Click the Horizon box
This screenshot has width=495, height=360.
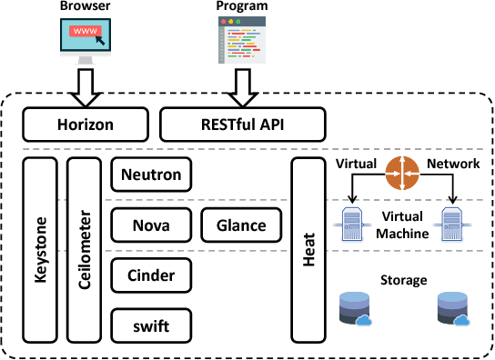pyautogui.click(x=85, y=121)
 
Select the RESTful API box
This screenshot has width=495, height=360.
pyautogui.click(x=243, y=121)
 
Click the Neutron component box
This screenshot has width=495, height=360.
pyautogui.click(x=151, y=174)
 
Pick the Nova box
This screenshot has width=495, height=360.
pyautogui.click(x=151, y=225)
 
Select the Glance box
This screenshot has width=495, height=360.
pyautogui.click(x=241, y=225)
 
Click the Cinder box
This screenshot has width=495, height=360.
pyautogui.click(x=151, y=274)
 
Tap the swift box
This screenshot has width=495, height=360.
pyautogui.click(x=151, y=323)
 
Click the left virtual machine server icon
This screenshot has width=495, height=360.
pyautogui.click(x=349, y=222)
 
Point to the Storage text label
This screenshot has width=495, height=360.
pyautogui.click(x=403, y=280)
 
